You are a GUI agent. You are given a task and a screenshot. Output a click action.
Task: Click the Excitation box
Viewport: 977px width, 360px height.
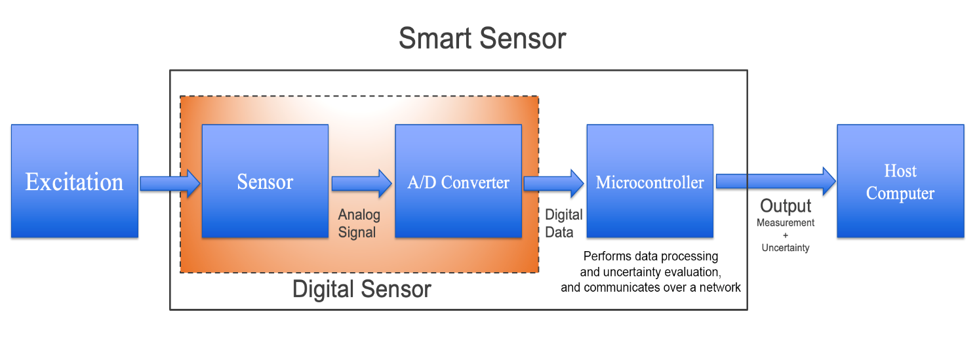click(75, 181)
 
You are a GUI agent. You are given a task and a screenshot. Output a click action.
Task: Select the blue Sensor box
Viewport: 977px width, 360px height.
click(265, 181)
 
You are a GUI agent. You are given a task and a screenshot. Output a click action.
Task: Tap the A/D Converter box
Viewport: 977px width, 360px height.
click(458, 181)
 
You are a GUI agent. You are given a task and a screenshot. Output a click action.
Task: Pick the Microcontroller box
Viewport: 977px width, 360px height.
click(650, 181)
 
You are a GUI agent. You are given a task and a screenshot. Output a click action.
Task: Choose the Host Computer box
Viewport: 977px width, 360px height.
click(900, 181)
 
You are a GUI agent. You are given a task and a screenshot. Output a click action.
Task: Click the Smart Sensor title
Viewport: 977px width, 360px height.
click(482, 39)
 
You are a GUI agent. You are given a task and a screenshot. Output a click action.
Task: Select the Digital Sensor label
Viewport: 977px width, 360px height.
click(361, 289)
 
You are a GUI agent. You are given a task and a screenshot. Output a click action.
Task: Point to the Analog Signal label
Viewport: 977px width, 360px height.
click(359, 224)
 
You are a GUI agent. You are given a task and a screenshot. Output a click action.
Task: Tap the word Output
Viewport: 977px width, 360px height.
click(786, 206)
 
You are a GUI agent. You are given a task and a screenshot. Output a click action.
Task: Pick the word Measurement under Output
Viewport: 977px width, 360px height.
click(786, 223)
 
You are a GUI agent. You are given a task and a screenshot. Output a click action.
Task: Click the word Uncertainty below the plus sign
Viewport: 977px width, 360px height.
click(786, 248)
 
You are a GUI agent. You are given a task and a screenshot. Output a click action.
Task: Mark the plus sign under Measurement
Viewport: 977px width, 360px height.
click(786, 235)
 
